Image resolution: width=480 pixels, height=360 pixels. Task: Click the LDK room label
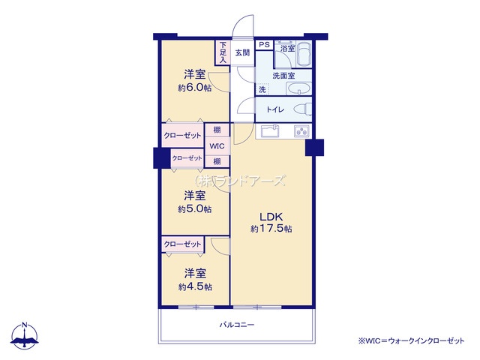(271, 217)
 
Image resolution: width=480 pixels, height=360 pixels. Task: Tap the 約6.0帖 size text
(195, 88)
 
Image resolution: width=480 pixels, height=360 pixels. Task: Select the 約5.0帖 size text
(195, 209)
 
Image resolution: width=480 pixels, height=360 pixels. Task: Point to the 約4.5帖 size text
(195, 287)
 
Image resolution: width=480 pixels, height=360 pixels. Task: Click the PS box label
(264, 45)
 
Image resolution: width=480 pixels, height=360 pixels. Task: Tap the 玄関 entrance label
(242, 52)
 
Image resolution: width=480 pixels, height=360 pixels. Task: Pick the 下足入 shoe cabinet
(223, 52)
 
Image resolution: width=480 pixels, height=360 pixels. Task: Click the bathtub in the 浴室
(304, 54)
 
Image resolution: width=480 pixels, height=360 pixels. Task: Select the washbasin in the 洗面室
(298, 88)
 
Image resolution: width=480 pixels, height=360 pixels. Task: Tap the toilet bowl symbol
(303, 109)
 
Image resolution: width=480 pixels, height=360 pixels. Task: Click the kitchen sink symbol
(270, 131)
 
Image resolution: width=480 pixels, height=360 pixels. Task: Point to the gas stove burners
(301, 131)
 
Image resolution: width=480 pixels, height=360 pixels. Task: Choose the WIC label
(217, 146)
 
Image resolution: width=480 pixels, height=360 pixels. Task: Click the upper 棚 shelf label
(217, 130)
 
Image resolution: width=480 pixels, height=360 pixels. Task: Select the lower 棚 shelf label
(217, 161)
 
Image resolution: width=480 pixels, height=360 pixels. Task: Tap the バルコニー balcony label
(237, 325)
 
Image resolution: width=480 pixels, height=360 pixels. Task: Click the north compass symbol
(25, 335)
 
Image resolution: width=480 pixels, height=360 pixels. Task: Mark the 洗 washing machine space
(262, 89)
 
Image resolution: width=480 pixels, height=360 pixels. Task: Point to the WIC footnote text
(411, 340)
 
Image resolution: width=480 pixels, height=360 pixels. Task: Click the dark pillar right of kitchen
(314, 148)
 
